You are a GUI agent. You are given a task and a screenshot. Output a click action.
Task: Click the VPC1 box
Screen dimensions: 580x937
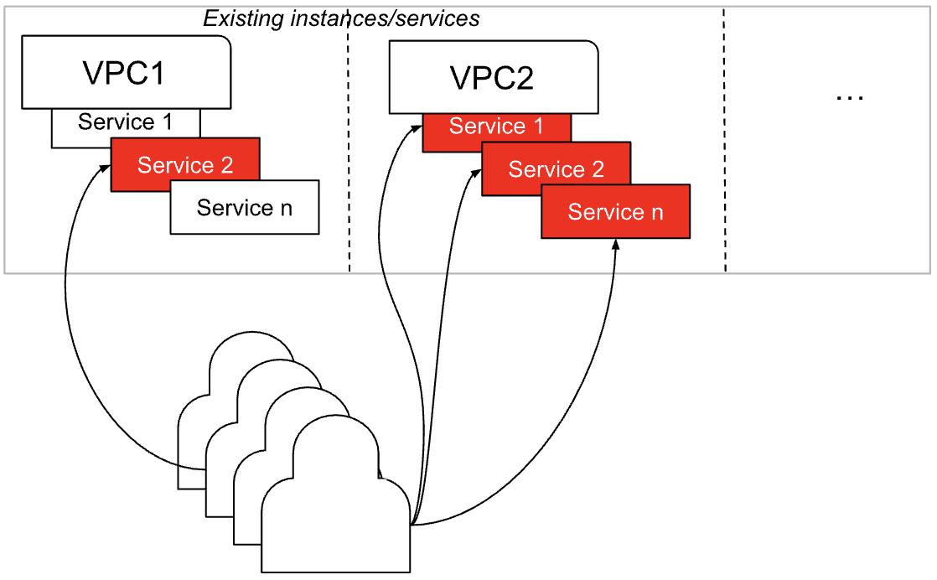[x=126, y=72]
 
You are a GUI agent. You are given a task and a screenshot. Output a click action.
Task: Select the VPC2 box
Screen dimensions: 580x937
[x=493, y=77]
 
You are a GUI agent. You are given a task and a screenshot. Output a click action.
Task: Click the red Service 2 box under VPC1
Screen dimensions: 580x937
[x=185, y=165]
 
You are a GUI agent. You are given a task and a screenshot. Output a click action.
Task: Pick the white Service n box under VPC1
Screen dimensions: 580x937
[x=245, y=207]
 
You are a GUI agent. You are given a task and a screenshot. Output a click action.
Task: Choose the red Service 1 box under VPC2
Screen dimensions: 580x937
[x=496, y=127]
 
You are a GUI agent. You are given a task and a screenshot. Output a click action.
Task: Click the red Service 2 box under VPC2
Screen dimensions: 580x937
[x=556, y=169]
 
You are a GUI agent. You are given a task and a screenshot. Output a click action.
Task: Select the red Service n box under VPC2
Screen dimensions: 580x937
[x=615, y=212]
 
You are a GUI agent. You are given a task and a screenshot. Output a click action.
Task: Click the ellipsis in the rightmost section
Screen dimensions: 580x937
[x=849, y=96]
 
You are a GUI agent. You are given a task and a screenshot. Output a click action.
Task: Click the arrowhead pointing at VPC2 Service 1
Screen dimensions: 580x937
[x=417, y=128]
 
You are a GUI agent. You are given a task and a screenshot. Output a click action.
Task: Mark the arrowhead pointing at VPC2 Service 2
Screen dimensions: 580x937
[x=476, y=171]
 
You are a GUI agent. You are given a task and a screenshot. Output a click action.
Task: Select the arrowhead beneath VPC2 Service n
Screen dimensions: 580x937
[x=616, y=245]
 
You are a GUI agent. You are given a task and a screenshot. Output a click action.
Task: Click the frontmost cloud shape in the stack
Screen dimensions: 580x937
[x=335, y=511]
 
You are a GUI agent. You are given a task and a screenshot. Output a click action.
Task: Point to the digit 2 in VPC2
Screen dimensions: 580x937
[x=523, y=77]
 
